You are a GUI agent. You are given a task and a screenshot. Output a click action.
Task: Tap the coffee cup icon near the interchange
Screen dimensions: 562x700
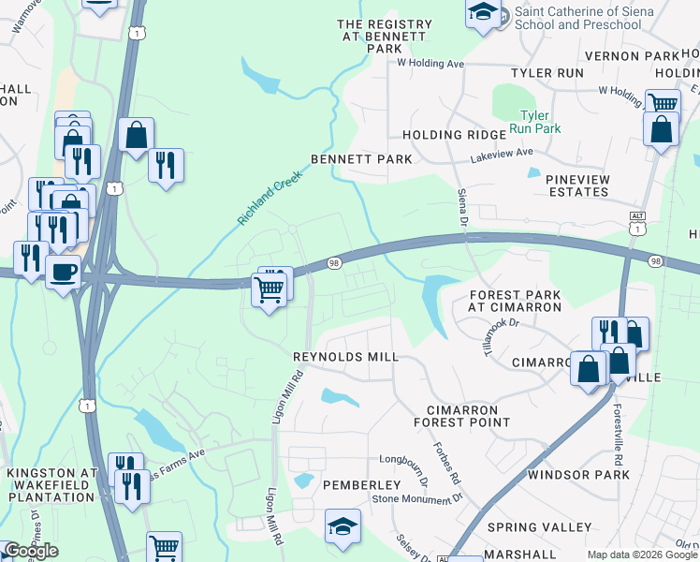63,272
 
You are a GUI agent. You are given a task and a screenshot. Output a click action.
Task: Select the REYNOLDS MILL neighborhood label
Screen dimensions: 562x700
345,357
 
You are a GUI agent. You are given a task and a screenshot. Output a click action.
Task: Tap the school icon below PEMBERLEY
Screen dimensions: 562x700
343,526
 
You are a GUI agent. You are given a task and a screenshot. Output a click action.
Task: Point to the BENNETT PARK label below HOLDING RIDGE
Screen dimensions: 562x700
361,159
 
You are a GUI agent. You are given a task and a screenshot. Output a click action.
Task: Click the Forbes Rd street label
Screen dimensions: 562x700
447,463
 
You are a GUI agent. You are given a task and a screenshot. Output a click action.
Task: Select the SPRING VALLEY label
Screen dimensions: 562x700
546,527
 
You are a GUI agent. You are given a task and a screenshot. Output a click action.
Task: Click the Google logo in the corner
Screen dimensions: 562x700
31,551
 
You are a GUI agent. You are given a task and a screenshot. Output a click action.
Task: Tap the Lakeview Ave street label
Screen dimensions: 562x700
502,152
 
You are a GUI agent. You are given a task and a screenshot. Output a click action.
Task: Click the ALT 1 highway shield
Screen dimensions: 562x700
637,225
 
